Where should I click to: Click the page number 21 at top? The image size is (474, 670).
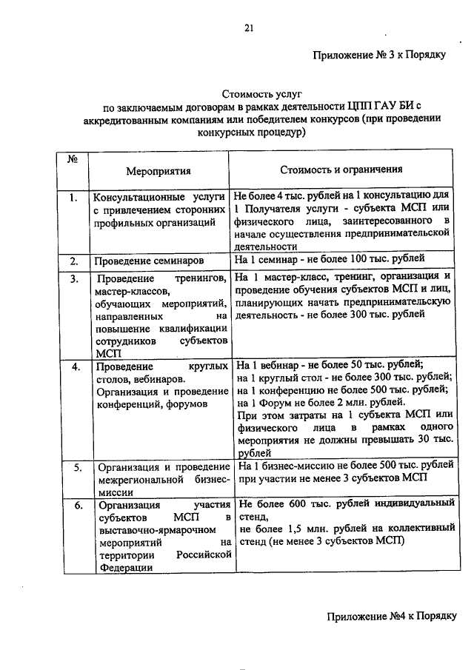coord(249,28)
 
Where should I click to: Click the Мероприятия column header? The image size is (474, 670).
coord(158,171)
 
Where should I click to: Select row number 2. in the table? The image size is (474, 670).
coord(74,261)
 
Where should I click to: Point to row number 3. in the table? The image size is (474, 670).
coord(74,279)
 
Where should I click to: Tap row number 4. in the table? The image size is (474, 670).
coord(76,366)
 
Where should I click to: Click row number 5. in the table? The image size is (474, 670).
coord(77,468)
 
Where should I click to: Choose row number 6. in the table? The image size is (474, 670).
coord(77,506)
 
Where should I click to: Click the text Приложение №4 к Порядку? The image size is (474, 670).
coord(390,616)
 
